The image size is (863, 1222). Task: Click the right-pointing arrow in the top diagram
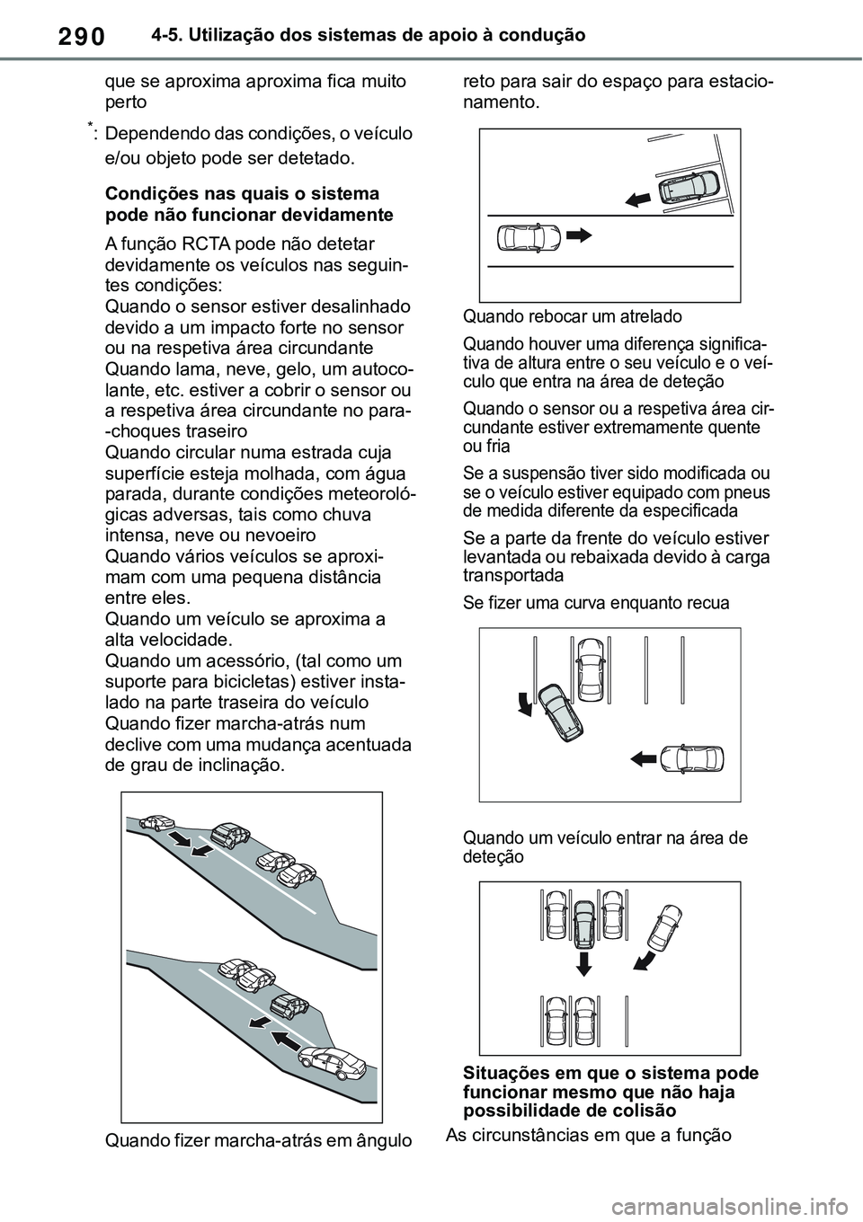coord(581,236)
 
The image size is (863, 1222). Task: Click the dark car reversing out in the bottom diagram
coord(584,918)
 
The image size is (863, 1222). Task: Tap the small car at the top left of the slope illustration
coord(158,821)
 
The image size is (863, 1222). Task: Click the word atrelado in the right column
coord(647,316)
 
